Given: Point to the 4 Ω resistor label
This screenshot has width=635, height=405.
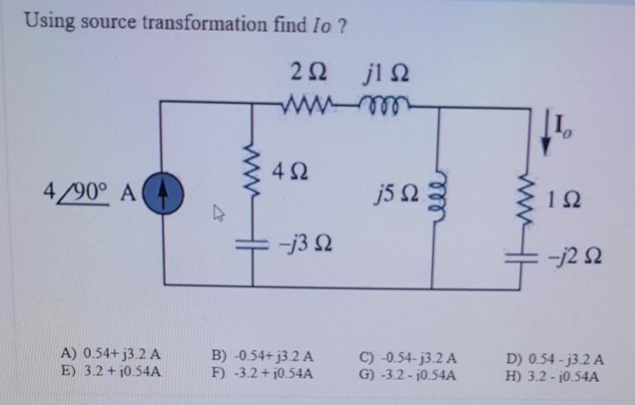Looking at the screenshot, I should point(290,170).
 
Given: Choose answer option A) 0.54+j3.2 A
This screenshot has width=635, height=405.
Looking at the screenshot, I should point(111,356).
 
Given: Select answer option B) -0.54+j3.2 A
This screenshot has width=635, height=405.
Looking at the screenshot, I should point(263,356).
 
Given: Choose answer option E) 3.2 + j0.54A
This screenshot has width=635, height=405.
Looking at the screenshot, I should point(111,372).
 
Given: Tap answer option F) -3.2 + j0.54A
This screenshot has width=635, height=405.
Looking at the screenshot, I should point(263,373).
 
